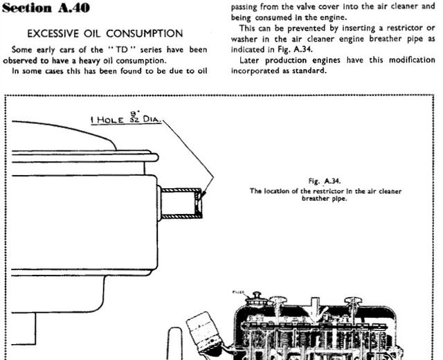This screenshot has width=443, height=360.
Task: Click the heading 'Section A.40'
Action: coord(46,8)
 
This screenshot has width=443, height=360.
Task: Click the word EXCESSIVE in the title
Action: coord(53,34)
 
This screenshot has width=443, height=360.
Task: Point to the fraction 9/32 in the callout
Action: coord(135,116)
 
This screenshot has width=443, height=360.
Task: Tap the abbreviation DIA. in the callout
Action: coord(152,119)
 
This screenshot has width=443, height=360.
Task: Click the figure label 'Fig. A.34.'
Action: coord(325,181)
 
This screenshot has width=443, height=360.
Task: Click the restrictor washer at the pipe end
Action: coord(199,203)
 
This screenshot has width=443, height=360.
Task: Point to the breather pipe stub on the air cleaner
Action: coord(180,203)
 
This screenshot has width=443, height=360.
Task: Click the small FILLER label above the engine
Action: coord(238,292)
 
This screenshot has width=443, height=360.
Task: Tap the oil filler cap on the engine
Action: coord(257,299)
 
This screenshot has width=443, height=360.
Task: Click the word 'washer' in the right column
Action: coord(244,39)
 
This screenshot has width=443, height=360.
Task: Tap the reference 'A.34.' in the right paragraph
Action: coord(303,49)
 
